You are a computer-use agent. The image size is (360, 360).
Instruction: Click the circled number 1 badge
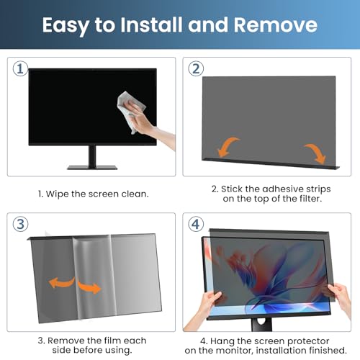coord(20,69)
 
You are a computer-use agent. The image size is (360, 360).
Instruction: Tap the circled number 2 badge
coord(196,69)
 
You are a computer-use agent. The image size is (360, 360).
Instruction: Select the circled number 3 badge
coord(20,224)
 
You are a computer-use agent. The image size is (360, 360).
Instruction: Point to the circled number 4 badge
coord(196,225)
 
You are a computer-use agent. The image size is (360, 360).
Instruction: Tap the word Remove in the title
coord(276,24)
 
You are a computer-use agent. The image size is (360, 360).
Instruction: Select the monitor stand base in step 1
coord(92,167)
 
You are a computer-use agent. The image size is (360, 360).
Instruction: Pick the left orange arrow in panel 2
coord(227,147)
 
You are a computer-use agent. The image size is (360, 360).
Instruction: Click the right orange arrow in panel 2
coord(317,153)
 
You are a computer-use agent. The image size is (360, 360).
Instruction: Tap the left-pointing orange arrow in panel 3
coord(61,282)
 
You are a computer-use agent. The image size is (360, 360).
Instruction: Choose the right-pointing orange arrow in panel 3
coord(89,287)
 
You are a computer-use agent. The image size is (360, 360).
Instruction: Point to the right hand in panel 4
coord(340,297)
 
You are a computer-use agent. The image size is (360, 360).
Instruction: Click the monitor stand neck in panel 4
coord(261,325)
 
